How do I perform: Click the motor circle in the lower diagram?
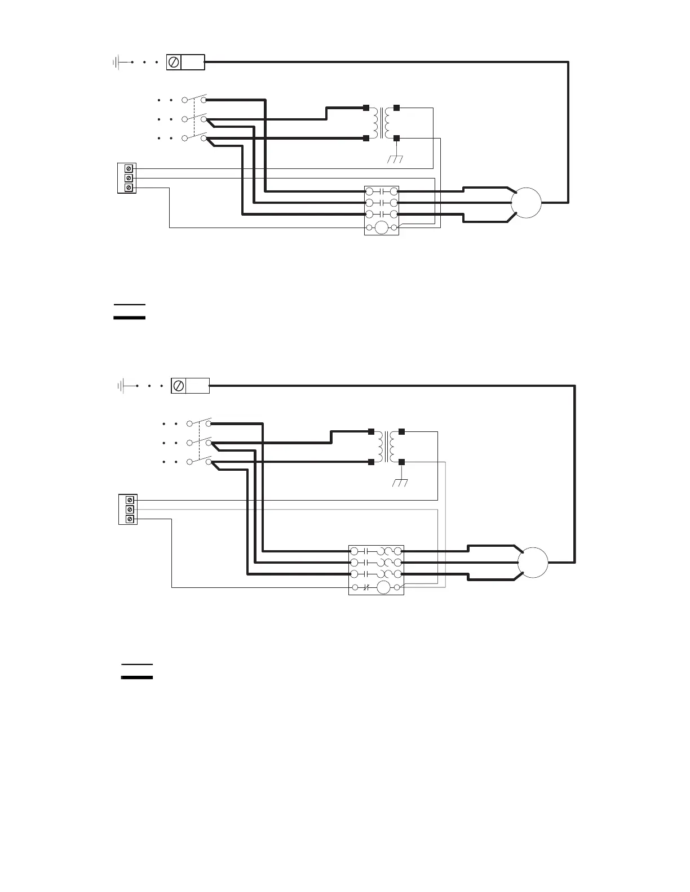click(x=533, y=563)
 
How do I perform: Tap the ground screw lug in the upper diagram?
click(x=174, y=62)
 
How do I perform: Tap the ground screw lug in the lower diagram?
click(x=179, y=386)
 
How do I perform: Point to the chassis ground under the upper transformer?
click(x=396, y=158)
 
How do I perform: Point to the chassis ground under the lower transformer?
click(x=401, y=483)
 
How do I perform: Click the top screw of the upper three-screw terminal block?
click(x=129, y=168)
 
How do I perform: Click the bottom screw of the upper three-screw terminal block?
click(x=129, y=188)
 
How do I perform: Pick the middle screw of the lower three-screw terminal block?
click(x=130, y=509)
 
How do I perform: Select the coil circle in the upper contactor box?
click(x=382, y=228)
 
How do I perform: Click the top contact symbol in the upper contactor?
click(x=382, y=191)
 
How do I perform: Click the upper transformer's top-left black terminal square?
click(x=366, y=108)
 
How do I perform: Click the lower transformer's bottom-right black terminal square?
click(x=401, y=462)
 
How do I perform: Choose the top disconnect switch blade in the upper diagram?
click(x=198, y=97)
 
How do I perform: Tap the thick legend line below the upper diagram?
click(x=129, y=318)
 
